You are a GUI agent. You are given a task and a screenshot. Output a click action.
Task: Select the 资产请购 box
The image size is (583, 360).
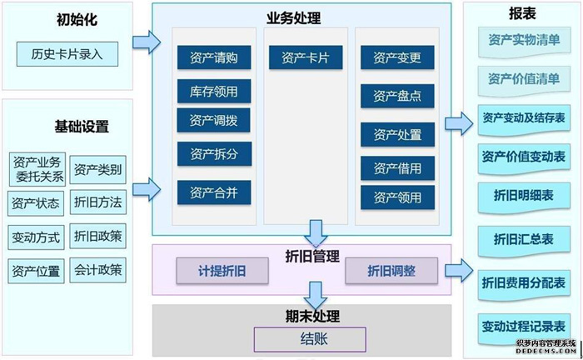(213, 57)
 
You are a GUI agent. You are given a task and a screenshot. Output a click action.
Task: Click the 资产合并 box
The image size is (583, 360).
(213, 192)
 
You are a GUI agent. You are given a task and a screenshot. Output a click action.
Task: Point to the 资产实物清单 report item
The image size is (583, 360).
(523, 41)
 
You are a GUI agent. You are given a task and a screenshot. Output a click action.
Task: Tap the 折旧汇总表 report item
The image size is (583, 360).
(523, 238)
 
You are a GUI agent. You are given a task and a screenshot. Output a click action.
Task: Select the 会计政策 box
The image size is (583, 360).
(98, 269)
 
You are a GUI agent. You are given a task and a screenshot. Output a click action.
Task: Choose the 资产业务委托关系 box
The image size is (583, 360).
(37, 169)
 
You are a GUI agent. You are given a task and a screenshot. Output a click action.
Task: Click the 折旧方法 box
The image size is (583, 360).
(98, 202)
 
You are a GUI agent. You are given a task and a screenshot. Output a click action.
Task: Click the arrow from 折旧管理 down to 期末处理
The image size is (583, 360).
(315, 294)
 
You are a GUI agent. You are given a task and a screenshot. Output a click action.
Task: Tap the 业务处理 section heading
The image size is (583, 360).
(293, 17)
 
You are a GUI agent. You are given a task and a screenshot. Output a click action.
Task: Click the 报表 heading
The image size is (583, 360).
(522, 14)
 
